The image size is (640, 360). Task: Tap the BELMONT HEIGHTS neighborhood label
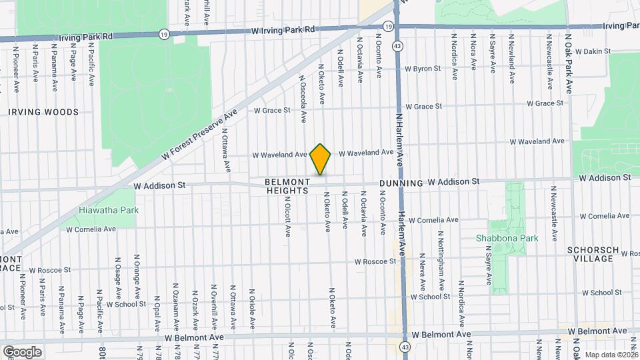(x=287, y=186)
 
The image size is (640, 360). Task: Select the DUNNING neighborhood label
(x=401, y=183)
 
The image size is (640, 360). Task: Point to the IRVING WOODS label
(x=43, y=112)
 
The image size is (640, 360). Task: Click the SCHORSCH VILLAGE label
(x=593, y=254)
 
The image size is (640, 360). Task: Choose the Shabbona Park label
(x=501, y=238)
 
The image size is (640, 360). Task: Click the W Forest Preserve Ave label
(x=200, y=134)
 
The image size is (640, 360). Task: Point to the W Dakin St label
(x=593, y=51)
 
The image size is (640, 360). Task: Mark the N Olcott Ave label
(x=288, y=215)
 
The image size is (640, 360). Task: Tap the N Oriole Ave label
(x=253, y=313)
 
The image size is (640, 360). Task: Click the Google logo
(x=22, y=351)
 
